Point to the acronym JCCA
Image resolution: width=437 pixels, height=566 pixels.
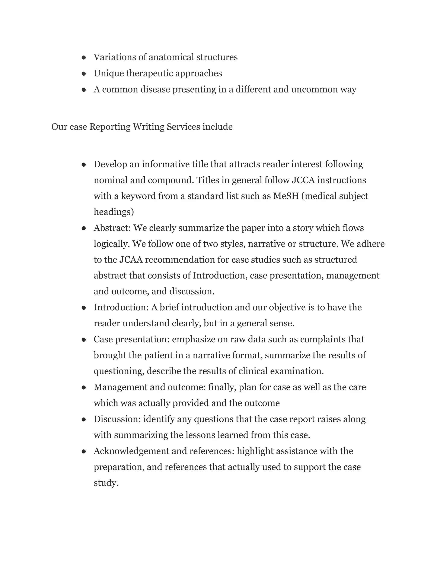click(x=303, y=180)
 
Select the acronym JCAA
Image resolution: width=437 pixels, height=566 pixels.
click(x=131, y=260)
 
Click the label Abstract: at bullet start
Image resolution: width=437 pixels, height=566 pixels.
click(x=112, y=228)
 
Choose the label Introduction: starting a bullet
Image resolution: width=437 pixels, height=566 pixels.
click(x=121, y=307)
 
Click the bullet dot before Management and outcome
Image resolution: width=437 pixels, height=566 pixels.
click(x=84, y=388)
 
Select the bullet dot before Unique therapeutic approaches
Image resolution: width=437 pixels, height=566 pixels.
click(x=84, y=74)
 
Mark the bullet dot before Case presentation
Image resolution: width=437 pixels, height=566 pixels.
click(x=84, y=340)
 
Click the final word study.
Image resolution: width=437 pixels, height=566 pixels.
click(x=106, y=483)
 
